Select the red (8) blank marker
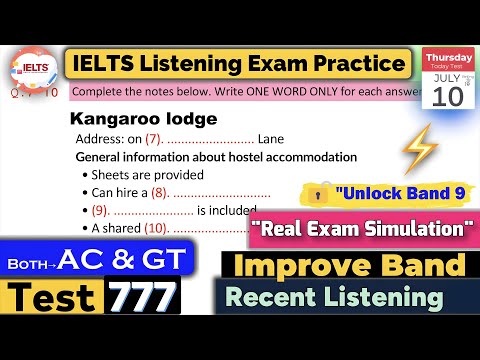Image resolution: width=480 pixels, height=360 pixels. pyautogui.click(x=160, y=192)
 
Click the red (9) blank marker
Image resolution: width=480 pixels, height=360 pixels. pyautogui.click(x=98, y=211)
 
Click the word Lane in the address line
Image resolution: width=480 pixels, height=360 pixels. pyautogui.click(x=276, y=139)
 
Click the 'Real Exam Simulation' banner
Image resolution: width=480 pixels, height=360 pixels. pyautogui.click(x=364, y=229)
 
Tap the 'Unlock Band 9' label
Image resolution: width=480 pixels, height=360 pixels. pyautogui.click(x=397, y=192)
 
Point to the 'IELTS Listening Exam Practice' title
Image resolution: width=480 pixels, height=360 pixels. pyautogui.click(x=240, y=64)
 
